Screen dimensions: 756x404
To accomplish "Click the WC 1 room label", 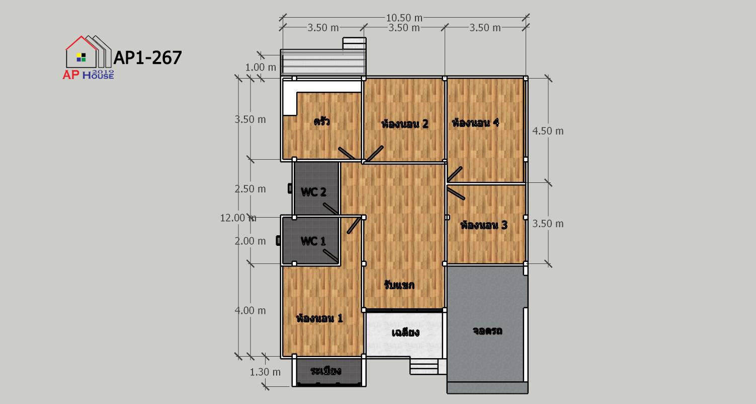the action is [313, 241].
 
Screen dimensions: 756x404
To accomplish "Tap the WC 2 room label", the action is [313, 192].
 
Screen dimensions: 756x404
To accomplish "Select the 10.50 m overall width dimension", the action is [404, 18].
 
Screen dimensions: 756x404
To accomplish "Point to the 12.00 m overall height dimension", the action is [238, 218].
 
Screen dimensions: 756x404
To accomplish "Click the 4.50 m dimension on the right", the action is [548, 131].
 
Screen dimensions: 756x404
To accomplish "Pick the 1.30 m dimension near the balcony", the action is [265, 372].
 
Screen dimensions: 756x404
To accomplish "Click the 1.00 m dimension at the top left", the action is [261, 68].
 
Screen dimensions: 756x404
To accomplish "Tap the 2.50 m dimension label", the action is [250, 188].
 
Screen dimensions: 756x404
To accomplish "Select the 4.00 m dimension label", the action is [250, 310].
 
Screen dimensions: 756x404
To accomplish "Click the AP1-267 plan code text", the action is [148, 57].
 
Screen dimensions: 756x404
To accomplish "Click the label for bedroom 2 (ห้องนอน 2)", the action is [405, 123].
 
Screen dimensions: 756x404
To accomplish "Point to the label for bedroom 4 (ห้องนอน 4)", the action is [475, 122].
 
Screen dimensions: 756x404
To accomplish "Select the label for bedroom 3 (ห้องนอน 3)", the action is [484, 225].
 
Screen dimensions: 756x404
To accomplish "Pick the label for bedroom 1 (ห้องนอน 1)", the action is [319, 318].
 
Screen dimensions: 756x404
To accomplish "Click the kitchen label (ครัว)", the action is [321, 121].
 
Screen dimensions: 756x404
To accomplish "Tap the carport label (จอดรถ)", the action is [487, 330].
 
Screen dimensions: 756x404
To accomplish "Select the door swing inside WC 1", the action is [331, 255].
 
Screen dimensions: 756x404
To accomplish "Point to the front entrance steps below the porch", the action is [424, 366].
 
